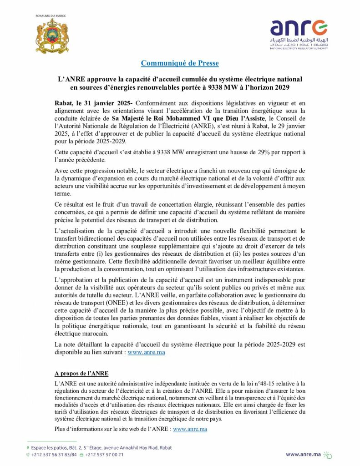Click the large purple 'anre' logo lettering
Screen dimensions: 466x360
pyautogui.click(x=298, y=28)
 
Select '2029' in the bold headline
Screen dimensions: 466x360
pyautogui.click(x=284, y=87)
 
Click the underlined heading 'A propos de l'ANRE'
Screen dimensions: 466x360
pyautogui.click(x=81, y=373)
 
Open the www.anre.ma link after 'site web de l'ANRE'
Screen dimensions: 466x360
pyautogui.click(x=190, y=429)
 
